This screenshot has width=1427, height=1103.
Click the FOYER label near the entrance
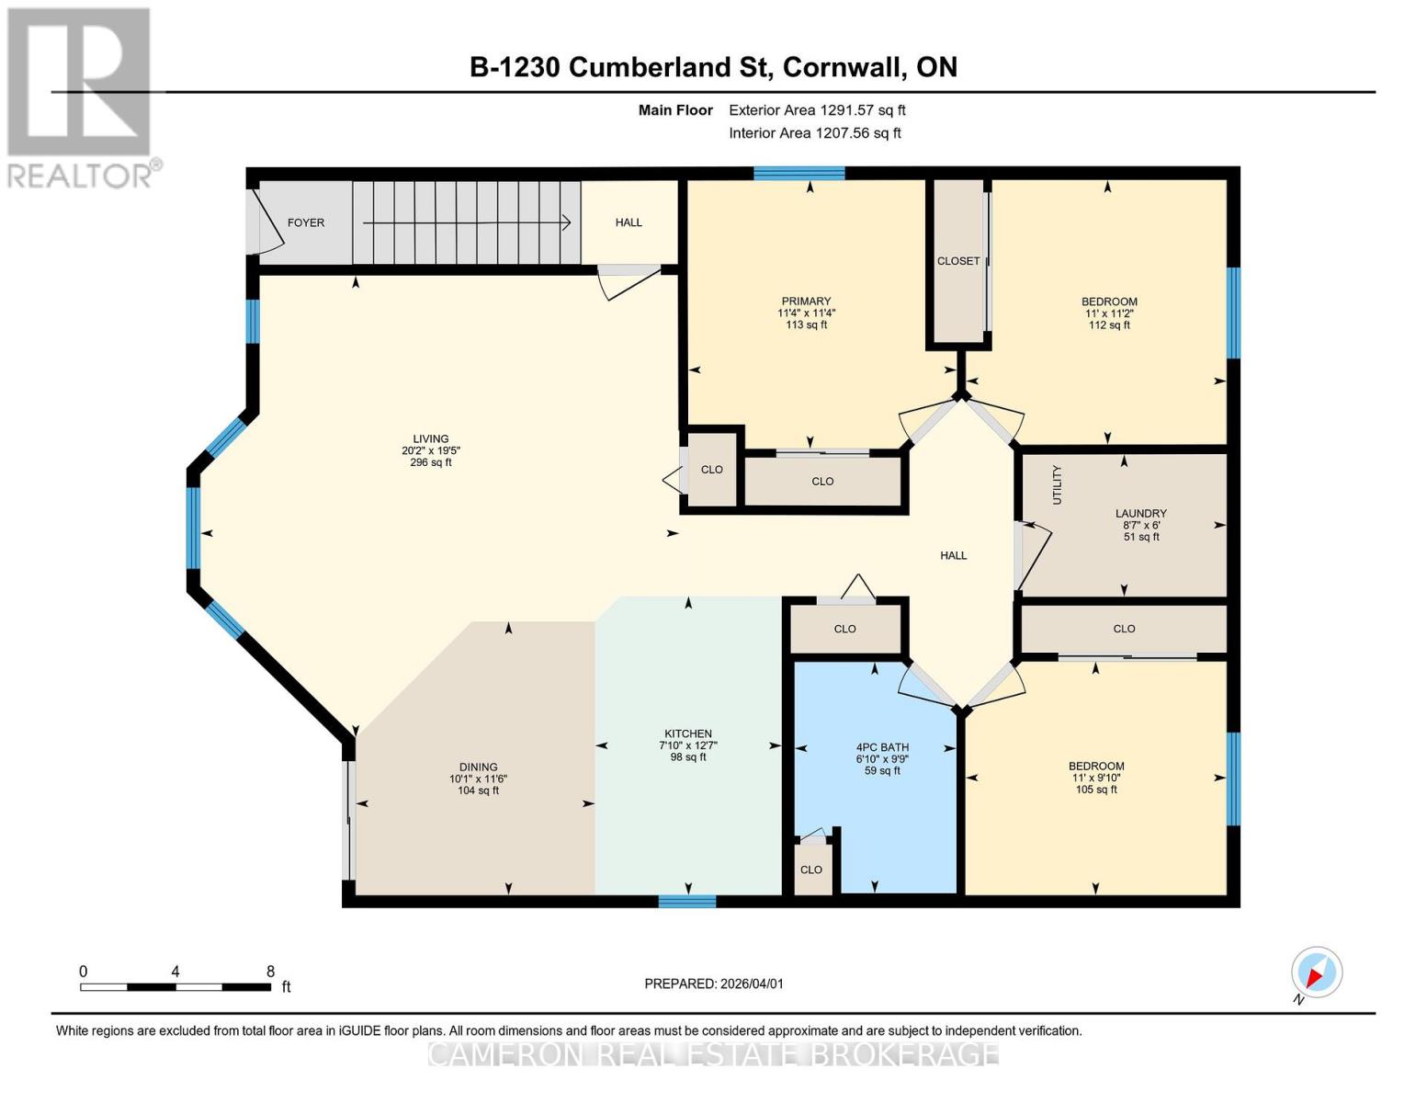305,222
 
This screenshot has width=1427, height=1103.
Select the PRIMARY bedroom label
806,301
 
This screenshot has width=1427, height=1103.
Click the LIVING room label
430,439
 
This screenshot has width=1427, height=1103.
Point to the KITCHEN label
687,733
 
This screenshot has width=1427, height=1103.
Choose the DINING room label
478,767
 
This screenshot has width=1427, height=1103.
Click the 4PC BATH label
882,747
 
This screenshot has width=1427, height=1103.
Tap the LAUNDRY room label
1140,514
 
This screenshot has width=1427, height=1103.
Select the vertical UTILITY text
1057,484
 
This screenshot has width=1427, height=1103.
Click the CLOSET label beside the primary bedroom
958,261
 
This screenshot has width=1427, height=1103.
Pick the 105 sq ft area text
1096,790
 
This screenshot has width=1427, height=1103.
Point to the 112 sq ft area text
1109,324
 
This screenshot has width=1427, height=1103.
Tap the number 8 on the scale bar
270,971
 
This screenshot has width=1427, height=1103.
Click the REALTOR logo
80,97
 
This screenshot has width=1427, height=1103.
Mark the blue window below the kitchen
686,901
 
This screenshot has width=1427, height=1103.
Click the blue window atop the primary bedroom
798,173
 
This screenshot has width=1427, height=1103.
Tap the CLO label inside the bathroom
810,870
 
